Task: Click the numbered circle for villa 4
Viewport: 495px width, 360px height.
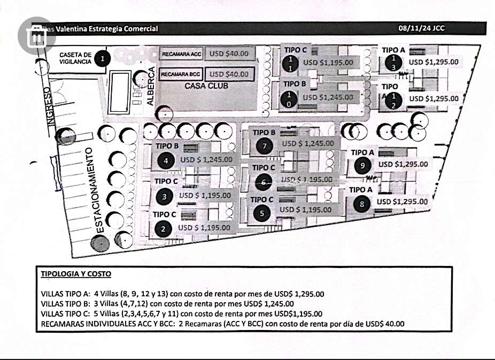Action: click(166, 160)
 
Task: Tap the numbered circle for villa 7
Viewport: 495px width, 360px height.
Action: click(264, 145)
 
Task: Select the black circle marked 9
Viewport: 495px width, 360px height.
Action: click(362, 166)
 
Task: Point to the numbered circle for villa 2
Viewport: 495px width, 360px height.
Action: click(163, 229)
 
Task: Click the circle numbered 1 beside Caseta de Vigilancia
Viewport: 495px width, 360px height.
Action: click(103, 58)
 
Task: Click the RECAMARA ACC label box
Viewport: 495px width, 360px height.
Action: click(181, 54)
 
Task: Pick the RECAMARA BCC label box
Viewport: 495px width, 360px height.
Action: click(181, 74)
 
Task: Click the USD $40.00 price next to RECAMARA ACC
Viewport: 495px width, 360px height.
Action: click(229, 53)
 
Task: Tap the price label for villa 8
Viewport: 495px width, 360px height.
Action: click(402, 202)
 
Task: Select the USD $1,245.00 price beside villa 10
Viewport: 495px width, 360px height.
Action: click(328, 97)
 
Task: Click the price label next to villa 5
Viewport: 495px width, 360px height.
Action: click(305, 210)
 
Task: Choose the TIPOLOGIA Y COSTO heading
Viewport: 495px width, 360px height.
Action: click(76, 274)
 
